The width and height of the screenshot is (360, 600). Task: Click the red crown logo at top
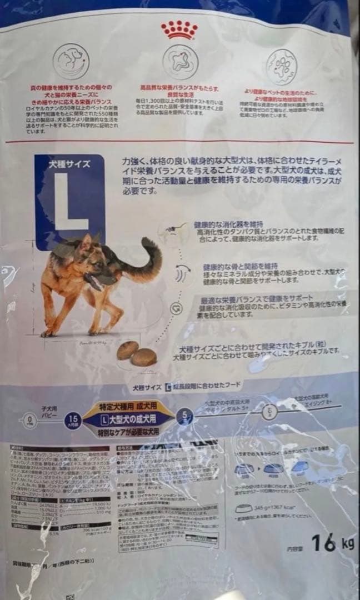pyautogui.click(x=179, y=29)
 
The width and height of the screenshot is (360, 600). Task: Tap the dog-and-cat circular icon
pyautogui.click(x=69, y=59)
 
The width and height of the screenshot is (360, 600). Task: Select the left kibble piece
pyautogui.click(x=127, y=350)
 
